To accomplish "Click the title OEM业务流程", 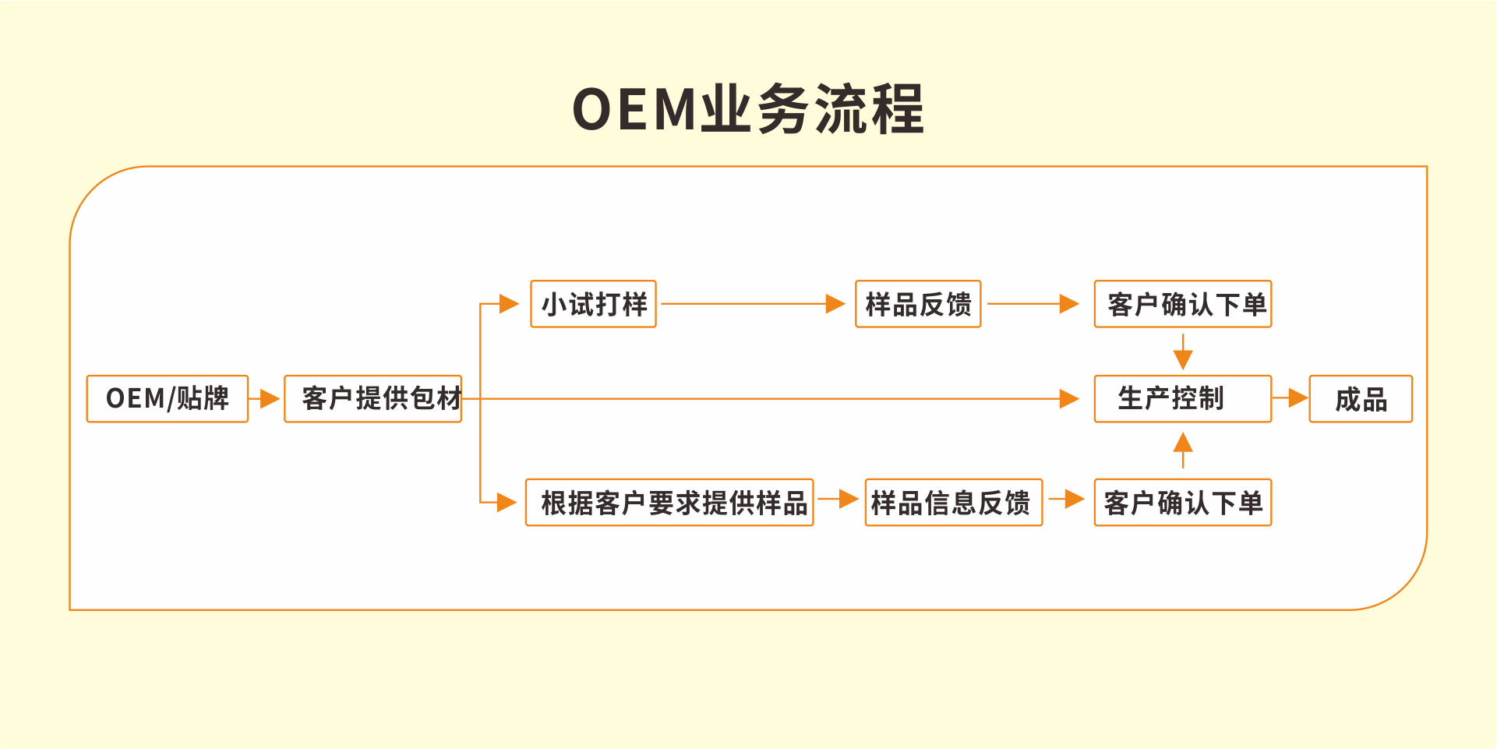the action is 748,109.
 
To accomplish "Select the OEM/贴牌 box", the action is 168,399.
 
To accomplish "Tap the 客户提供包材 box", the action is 373,399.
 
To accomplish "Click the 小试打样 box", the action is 594,304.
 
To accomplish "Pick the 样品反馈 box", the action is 918,304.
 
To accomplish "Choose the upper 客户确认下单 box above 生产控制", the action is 1183,304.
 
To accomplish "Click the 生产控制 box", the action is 1183,399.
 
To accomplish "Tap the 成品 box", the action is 1361,399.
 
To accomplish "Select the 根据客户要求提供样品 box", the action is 670,503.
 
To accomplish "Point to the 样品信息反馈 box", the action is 954,503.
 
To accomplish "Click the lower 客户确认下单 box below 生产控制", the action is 1183,503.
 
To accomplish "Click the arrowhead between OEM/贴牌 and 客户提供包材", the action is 270,399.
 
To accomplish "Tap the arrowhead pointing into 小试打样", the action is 509,304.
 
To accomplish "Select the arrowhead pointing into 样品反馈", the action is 835,304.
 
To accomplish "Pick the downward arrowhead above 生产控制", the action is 1183,360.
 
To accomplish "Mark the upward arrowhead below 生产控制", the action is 1183,442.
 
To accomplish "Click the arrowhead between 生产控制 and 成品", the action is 1298,399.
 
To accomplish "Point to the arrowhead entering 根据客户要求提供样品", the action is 507,503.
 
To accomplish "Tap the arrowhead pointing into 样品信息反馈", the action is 849,499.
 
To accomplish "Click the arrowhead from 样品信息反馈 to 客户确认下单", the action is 1075,499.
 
